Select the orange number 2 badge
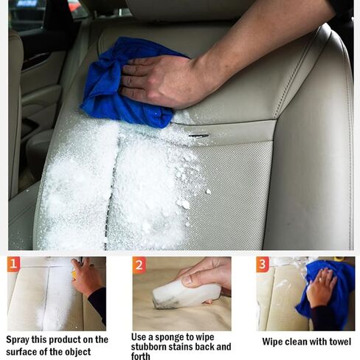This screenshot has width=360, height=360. pos(139,265)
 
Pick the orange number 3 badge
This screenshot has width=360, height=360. pos(262,264)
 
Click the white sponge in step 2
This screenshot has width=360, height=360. pos(184,294)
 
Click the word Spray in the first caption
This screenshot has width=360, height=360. pos(20,340)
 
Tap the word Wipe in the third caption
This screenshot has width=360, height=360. pos(274,342)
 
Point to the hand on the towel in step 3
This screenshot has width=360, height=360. pos(321,288)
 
